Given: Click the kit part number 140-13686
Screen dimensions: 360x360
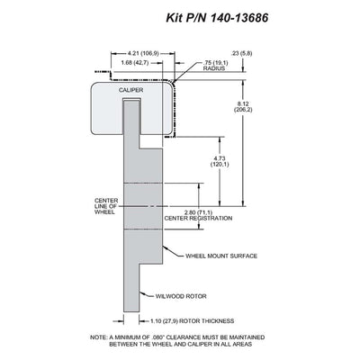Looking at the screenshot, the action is (239, 18).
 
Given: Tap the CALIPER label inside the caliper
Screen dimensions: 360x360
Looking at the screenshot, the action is (130, 90).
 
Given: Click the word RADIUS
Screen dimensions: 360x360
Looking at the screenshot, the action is (214, 68).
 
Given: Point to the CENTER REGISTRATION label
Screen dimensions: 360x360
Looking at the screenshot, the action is (198, 218).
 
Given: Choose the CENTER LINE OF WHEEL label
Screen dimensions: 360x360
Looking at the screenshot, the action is (106, 206).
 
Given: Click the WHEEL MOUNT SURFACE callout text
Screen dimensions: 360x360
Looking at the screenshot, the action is (221, 256).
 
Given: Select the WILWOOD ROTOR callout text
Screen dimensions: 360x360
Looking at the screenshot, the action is (181, 296).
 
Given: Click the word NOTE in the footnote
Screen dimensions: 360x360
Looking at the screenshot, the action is (98, 337).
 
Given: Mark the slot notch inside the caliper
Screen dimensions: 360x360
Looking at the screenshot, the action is (131, 100).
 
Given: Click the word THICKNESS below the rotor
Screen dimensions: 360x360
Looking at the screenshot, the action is (217, 321).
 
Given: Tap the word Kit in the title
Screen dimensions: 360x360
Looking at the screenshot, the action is (175, 18).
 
